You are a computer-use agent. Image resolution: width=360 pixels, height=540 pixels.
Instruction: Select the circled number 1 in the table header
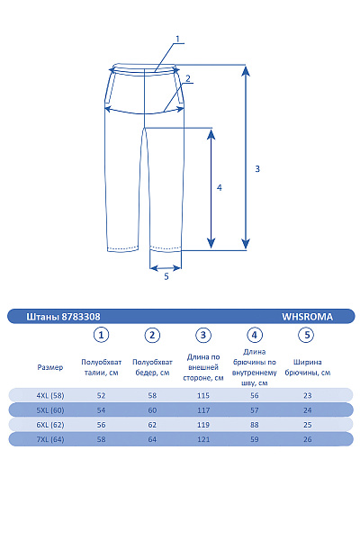[102, 336]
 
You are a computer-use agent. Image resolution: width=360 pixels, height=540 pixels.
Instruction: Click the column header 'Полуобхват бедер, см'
[152, 366]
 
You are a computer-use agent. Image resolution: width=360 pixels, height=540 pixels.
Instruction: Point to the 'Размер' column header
[50, 367]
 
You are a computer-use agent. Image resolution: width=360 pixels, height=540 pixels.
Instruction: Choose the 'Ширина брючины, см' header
[307, 366]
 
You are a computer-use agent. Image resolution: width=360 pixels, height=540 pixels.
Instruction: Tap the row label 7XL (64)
[50, 439]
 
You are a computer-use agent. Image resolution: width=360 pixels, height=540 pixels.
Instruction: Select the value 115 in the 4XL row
[203, 395]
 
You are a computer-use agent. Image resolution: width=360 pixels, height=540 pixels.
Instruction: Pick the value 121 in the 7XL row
[203, 439]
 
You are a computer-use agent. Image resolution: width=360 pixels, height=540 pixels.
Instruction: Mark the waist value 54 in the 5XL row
[102, 409]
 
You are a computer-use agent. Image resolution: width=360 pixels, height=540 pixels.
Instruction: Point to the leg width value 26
[307, 439]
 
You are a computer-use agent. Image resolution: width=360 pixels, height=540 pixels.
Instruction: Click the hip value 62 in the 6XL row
[152, 425]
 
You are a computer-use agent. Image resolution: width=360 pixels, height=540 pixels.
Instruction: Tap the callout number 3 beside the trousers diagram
[257, 169]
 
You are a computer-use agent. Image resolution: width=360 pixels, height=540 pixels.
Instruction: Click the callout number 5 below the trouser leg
[166, 277]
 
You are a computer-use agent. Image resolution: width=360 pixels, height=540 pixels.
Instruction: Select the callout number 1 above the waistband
[178, 39]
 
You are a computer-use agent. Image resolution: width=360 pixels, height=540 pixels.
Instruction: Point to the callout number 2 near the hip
[187, 79]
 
